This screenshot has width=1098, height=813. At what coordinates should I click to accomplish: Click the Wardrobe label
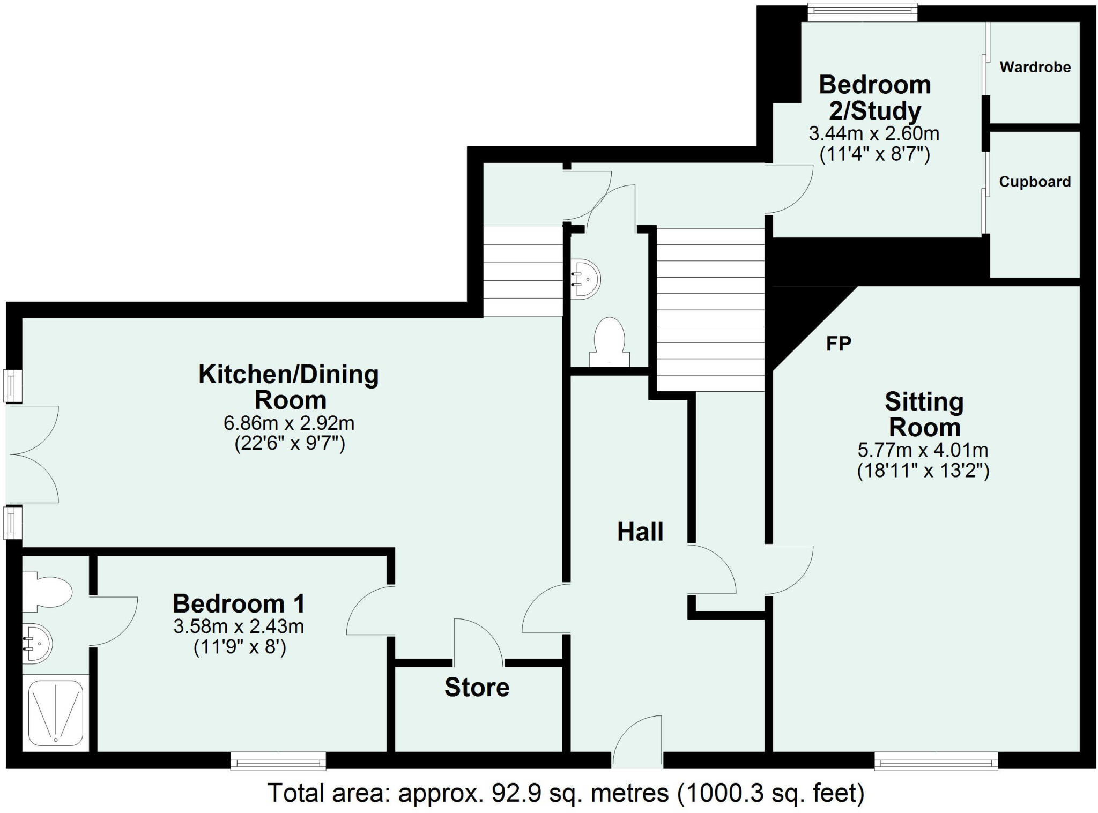point(1035,67)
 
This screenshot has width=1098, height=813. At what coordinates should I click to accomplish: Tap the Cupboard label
point(1034,182)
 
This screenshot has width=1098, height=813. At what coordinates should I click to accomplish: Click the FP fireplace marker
point(839,344)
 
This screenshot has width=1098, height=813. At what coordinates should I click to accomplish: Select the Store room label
point(477,688)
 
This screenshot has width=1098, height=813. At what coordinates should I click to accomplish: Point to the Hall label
point(640,532)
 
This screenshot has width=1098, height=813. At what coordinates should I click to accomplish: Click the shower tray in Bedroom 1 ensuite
point(56,713)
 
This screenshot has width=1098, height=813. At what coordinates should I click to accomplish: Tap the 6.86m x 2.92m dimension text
point(289,423)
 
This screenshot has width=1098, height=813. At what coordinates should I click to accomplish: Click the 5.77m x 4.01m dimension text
point(923,450)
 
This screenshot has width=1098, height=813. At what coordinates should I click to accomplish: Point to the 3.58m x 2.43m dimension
point(239,626)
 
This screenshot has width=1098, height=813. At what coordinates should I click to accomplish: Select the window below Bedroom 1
point(278,761)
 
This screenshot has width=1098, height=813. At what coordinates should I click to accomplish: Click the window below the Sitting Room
point(936,761)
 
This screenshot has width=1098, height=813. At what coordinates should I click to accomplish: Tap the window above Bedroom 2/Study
point(862,13)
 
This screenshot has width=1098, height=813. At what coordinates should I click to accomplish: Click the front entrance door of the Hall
point(637,742)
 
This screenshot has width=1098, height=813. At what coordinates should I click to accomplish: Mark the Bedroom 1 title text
point(239,604)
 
